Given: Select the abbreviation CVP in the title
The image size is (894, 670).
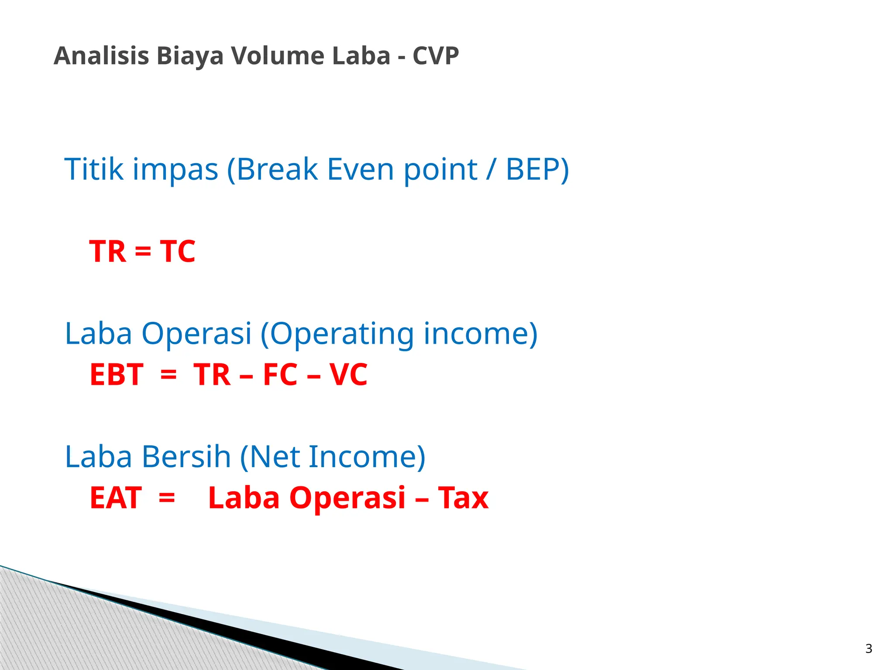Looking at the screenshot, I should click(436, 56).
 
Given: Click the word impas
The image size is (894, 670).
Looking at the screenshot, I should click(175, 170).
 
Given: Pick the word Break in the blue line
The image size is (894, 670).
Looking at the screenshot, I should click(277, 169).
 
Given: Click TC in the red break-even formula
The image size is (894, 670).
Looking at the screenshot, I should click(178, 251).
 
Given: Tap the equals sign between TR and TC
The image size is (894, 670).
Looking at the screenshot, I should click(143, 252).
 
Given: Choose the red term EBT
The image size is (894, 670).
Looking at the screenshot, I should click(117, 375).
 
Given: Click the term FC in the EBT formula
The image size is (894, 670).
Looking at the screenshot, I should click(281, 375).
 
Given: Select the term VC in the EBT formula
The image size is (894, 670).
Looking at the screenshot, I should click(348, 375).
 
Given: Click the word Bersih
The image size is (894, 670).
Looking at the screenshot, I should click(186, 457).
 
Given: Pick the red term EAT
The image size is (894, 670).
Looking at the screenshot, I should click(116, 498).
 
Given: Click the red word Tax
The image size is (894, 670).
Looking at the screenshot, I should click(463, 498).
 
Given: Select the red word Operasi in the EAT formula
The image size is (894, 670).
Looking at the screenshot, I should click(347, 499).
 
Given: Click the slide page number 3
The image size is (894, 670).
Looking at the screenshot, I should click(869, 649).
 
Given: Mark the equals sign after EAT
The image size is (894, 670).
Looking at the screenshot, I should click(167, 498).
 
